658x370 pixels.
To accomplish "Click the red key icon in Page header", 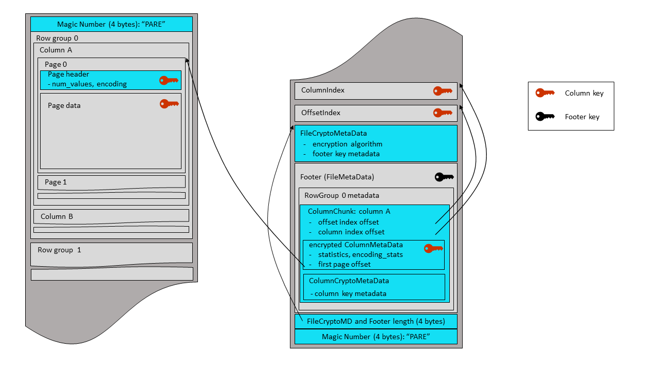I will point(169,80).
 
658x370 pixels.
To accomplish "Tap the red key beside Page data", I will point(169,104).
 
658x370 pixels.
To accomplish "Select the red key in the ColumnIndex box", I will point(443,91).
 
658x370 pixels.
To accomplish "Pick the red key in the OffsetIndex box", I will point(443,113).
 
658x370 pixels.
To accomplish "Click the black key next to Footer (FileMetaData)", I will point(444,177).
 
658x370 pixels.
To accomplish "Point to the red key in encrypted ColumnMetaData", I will point(433,249).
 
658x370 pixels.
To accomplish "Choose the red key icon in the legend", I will point(545,93).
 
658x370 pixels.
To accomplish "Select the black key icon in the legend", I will point(545,117).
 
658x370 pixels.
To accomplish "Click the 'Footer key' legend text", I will point(582,117).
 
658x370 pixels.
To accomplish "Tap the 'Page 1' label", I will point(56,182).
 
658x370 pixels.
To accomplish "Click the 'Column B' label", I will point(57,216).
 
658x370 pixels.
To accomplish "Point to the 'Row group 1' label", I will point(59,250).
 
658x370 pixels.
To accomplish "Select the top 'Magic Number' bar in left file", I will point(111,24).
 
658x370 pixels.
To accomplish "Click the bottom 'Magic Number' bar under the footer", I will point(376,337).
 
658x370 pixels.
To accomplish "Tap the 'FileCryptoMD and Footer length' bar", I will point(376,322).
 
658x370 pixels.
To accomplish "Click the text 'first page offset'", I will point(344,264).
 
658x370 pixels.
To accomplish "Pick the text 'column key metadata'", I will point(350,293).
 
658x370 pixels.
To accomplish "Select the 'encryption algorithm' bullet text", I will point(347,144).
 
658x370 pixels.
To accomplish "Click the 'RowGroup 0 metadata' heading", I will point(341,195).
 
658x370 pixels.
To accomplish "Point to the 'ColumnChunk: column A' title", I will point(349,211).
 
